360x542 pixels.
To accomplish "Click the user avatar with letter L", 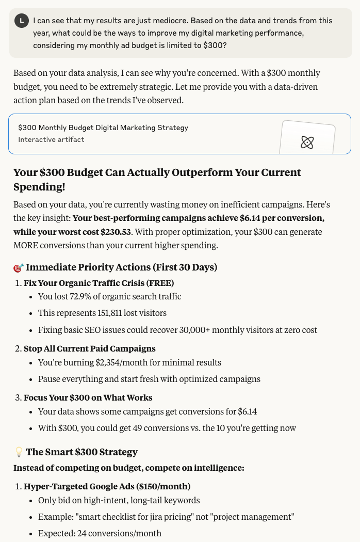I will (x=21, y=21).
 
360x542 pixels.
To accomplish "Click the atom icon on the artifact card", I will (x=307, y=142).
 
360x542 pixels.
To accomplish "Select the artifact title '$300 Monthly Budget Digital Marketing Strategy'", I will (x=103, y=127).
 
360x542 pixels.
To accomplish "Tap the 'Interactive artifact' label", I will (x=51, y=139).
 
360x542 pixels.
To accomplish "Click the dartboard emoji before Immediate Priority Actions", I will (x=19, y=268).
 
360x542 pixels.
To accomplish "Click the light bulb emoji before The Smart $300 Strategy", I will (x=19, y=452).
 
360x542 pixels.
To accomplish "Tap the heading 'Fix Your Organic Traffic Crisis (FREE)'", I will (x=99, y=283).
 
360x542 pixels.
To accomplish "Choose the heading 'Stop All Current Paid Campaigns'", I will (x=89, y=348).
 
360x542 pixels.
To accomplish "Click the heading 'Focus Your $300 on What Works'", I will (x=88, y=397).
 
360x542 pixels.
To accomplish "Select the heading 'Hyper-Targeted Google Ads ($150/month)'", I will (x=107, y=486).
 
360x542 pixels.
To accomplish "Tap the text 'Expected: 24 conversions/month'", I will (x=100, y=533).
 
